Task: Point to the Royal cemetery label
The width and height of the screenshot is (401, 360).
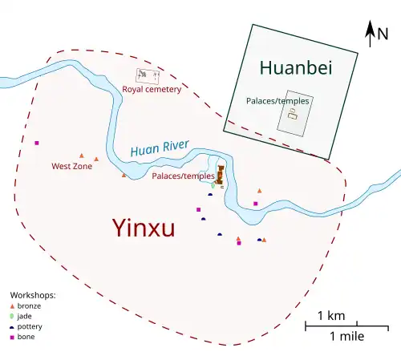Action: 152,89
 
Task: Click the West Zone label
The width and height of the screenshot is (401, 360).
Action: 71,167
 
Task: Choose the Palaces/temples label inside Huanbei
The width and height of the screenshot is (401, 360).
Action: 277,101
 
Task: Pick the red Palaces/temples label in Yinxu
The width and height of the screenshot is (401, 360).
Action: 183,176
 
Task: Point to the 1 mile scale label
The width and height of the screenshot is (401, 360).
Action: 346,337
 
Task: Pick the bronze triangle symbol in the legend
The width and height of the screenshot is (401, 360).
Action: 12,306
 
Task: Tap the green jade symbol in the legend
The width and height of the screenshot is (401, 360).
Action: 12,317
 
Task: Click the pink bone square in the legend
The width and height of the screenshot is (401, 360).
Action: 12,337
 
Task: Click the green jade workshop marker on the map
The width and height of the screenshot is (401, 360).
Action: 213,184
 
